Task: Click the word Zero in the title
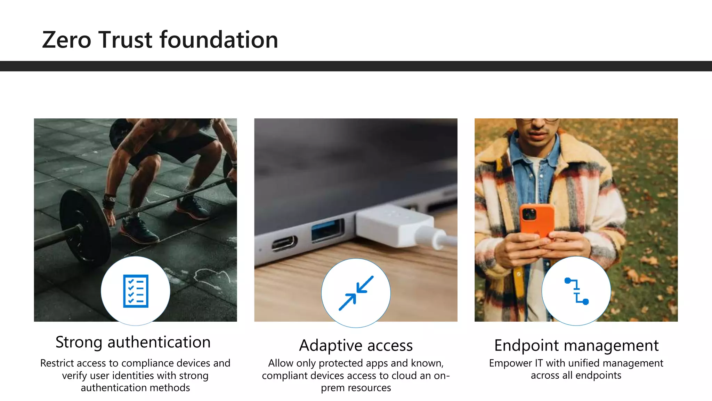tap(66, 40)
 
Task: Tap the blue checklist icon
tap(136, 291)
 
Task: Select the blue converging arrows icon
tap(356, 293)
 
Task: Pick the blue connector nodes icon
tap(576, 291)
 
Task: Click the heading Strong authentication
tap(133, 342)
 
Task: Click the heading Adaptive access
tap(356, 345)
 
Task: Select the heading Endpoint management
tap(576, 345)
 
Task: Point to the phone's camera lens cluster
tap(529, 214)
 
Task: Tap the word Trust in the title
tap(126, 40)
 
